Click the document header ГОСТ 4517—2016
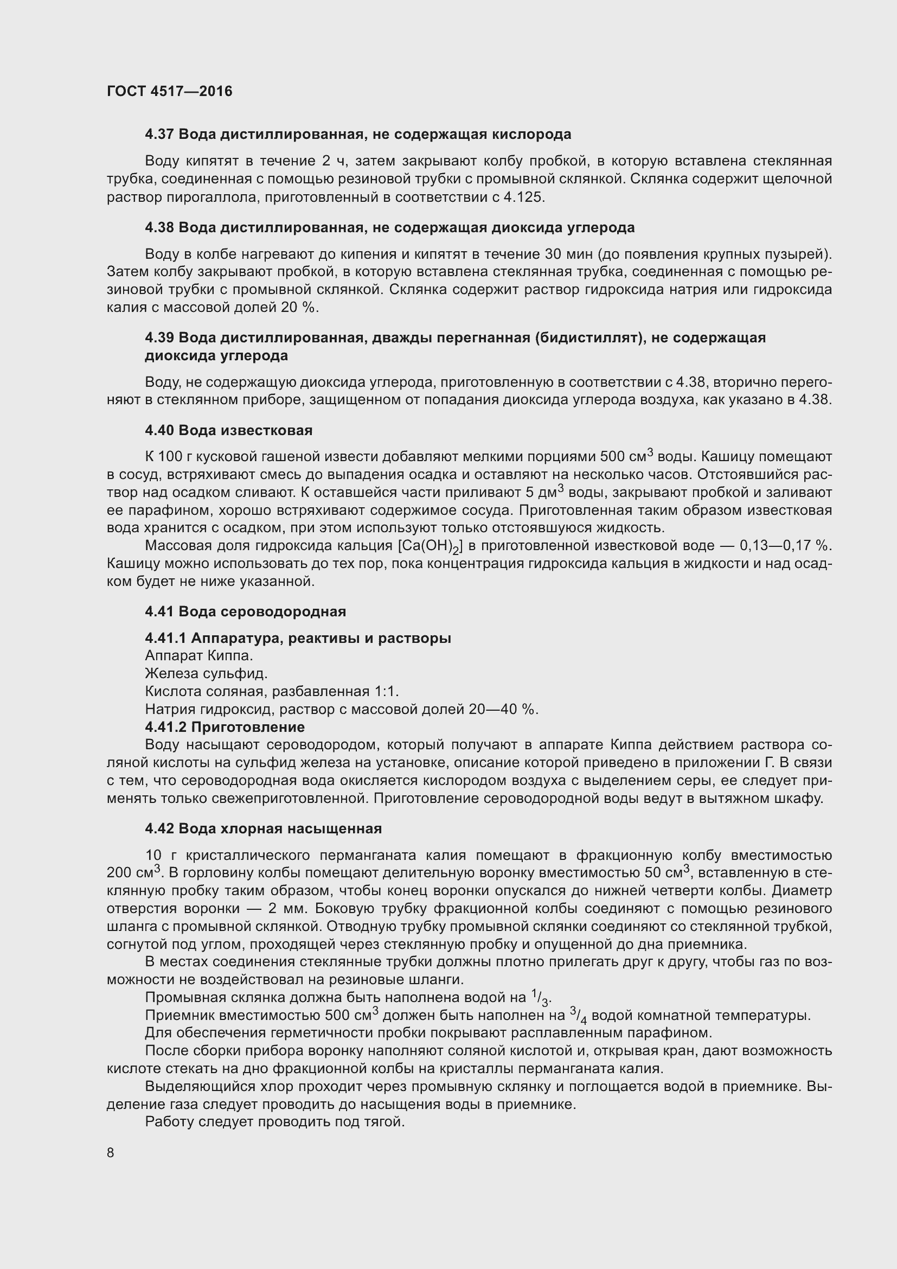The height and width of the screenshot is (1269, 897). coord(170,91)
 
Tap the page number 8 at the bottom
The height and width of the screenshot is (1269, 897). coord(111,1152)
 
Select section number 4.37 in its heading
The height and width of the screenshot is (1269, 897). coord(159,135)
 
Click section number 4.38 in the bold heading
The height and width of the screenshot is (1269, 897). coord(159,228)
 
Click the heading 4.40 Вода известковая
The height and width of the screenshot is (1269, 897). coord(229,431)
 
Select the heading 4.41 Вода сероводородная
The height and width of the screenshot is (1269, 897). coord(245,612)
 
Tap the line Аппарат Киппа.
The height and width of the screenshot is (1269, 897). coord(199,656)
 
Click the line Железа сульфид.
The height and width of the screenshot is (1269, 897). coord(206,674)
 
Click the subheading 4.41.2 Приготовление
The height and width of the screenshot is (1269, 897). coord(225,727)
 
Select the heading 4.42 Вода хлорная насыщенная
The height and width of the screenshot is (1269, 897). coord(264,829)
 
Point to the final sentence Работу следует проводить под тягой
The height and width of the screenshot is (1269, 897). coord(275,1123)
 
